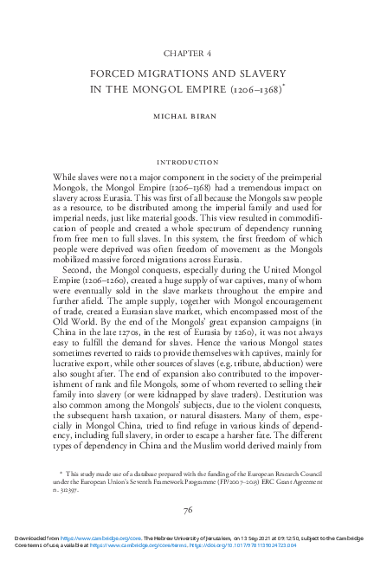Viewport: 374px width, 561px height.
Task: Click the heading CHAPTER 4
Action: coord(187,52)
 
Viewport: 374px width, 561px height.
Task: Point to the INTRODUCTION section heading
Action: coord(187,162)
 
